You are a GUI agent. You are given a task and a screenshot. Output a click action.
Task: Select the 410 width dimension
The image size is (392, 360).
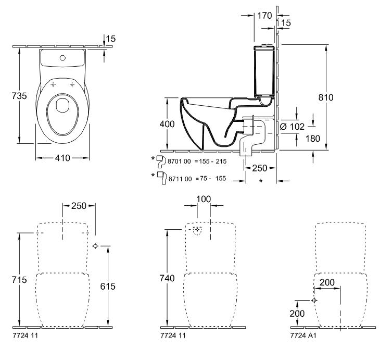point(62,157)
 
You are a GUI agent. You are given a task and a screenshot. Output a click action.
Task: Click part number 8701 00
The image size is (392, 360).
point(179,162)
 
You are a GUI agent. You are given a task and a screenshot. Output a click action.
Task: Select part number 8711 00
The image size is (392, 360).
point(179,178)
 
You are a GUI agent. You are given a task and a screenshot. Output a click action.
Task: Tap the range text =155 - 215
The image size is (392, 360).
point(210,162)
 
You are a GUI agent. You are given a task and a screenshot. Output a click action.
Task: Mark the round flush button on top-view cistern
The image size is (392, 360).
point(62,57)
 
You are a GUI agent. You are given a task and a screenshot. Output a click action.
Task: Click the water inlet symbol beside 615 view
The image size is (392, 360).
point(95,246)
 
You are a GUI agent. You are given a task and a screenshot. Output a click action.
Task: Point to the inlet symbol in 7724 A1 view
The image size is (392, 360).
point(314,301)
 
